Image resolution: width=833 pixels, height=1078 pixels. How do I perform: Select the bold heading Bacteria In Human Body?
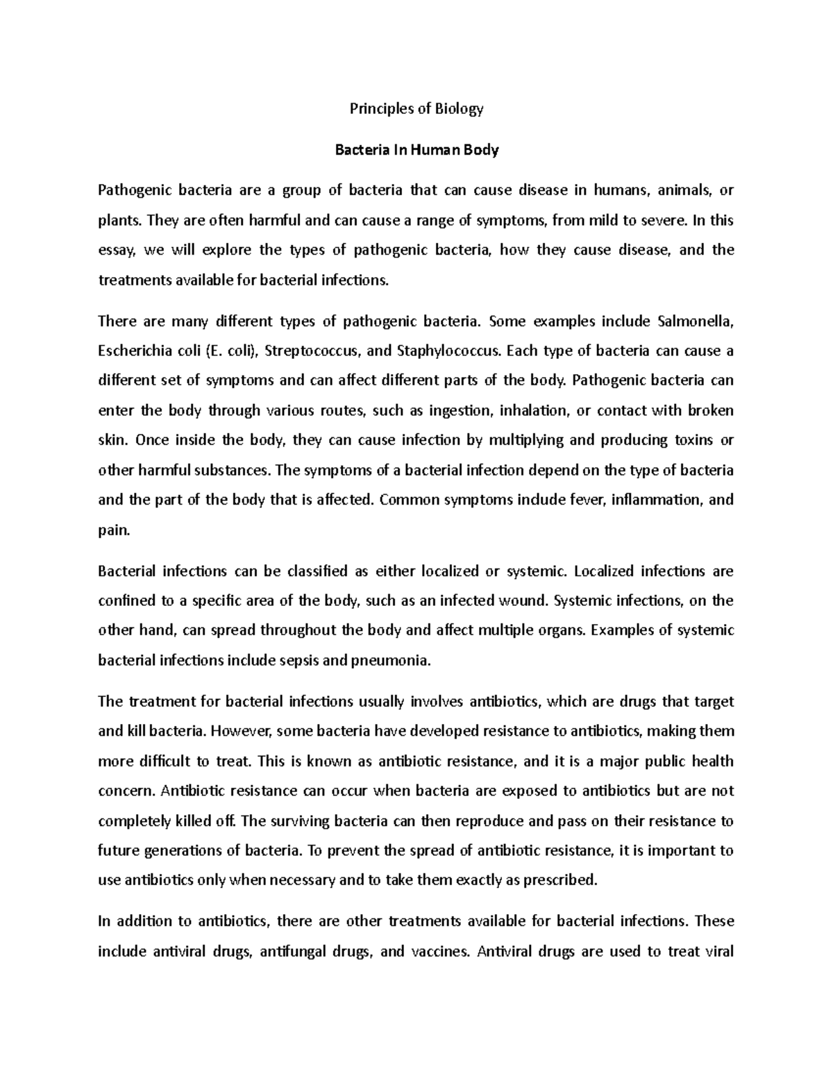[416, 150]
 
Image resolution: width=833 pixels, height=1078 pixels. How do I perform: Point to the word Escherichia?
[133, 351]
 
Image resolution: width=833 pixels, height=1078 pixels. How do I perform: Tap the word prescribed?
[559, 880]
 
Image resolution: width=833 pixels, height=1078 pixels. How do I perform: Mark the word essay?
[119, 251]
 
